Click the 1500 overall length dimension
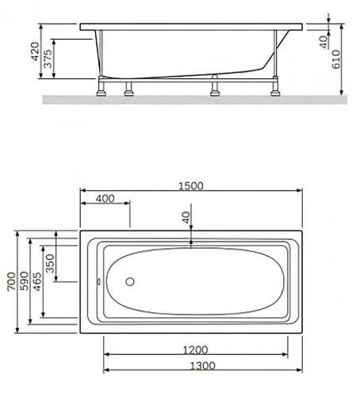click(190, 186)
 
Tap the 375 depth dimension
click(49, 61)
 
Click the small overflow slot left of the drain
click(98, 280)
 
